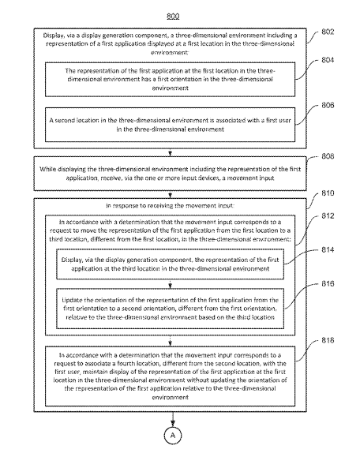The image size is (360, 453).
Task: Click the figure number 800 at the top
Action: (x=173, y=16)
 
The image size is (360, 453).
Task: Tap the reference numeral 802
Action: (x=328, y=32)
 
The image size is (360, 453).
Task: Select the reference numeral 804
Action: (x=328, y=60)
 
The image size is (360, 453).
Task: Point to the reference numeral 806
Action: (x=328, y=105)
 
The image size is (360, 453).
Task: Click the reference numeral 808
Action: (x=328, y=156)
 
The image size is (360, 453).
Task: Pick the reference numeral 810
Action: (x=328, y=193)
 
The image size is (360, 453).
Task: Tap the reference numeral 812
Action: (x=328, y=215)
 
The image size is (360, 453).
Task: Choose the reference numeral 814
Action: (x=328, y=249)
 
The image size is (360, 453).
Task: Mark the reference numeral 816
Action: (x=328, y=283)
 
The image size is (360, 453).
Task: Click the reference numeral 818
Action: (x=328, y=340)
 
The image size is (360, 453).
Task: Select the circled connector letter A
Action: (x=173, y=436)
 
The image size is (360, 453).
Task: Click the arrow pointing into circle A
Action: (x=173, y=419)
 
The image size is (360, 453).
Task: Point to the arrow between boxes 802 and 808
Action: (x=171, y=152)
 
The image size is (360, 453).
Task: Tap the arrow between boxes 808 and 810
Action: (x=171, y=194)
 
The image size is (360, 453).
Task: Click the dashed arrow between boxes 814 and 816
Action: (x=171, y=284)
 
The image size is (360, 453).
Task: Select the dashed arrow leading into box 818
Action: (x=171, y=341)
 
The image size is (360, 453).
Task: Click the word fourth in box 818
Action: (x=127, y=364)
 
